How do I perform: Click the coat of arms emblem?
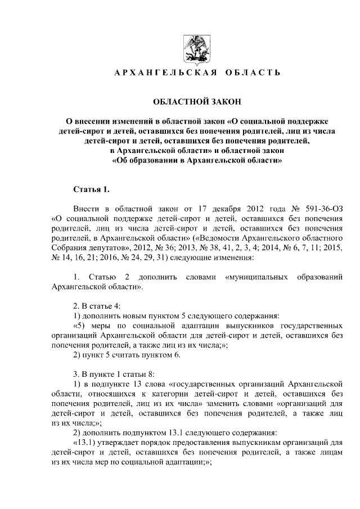coord(195,48)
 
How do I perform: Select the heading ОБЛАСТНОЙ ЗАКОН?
coord(195,102)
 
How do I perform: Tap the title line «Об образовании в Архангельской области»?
coord(197,160)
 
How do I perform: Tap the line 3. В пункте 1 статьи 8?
coord(118,374)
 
